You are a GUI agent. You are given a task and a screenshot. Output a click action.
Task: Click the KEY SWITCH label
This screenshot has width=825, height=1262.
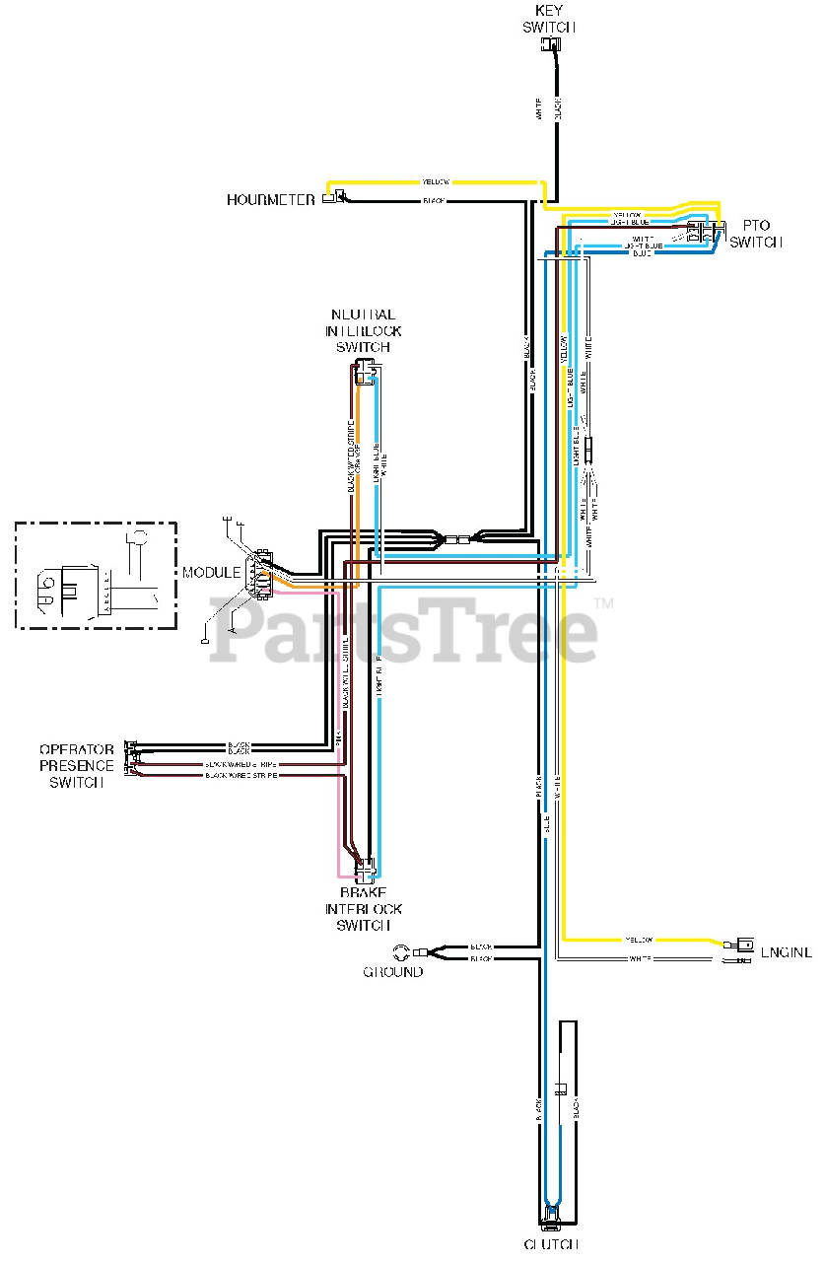[x=549, y=19]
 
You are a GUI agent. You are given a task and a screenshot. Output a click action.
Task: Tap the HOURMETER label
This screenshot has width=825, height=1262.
[x=271, y=200]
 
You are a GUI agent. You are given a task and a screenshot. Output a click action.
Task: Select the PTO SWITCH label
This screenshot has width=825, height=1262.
[x=756, y=234]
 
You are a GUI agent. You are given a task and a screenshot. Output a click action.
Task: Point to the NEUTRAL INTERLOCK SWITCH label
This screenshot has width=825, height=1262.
[x=364, y=331]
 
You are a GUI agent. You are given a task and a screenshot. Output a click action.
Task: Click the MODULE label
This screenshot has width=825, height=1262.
[x=211, y=573]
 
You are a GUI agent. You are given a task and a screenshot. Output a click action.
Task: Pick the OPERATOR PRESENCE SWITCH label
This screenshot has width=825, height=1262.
[x=77, y=766]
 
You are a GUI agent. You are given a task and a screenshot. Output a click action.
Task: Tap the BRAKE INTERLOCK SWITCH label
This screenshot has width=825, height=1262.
[x=364, y=908]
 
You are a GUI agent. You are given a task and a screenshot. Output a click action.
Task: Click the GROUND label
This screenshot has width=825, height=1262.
[x=393, y=972]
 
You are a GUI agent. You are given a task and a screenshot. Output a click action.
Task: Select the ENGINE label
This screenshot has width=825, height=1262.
[x=787, y=952]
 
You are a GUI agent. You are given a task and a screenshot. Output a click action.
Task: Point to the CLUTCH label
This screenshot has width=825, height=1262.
[x=551, y=1244]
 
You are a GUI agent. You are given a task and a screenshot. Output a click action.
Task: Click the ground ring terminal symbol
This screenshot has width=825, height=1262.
[x=402, y=951]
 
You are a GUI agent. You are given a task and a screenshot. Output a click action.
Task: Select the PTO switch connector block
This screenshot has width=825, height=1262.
[x=706, y=233]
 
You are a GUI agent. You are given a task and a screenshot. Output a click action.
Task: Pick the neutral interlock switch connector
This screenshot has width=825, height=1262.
[x=365, y=373]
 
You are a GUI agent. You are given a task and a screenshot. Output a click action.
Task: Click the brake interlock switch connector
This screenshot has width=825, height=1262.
[x=365, y=869]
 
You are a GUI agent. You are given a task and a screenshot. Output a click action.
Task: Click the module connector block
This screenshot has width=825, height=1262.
[x=261, y=573]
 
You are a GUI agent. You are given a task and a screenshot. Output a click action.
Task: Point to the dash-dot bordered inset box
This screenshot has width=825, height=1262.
[x=96, y=576]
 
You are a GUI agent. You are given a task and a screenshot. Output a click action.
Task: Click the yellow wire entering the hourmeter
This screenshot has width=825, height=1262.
[x=434, y=182]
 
